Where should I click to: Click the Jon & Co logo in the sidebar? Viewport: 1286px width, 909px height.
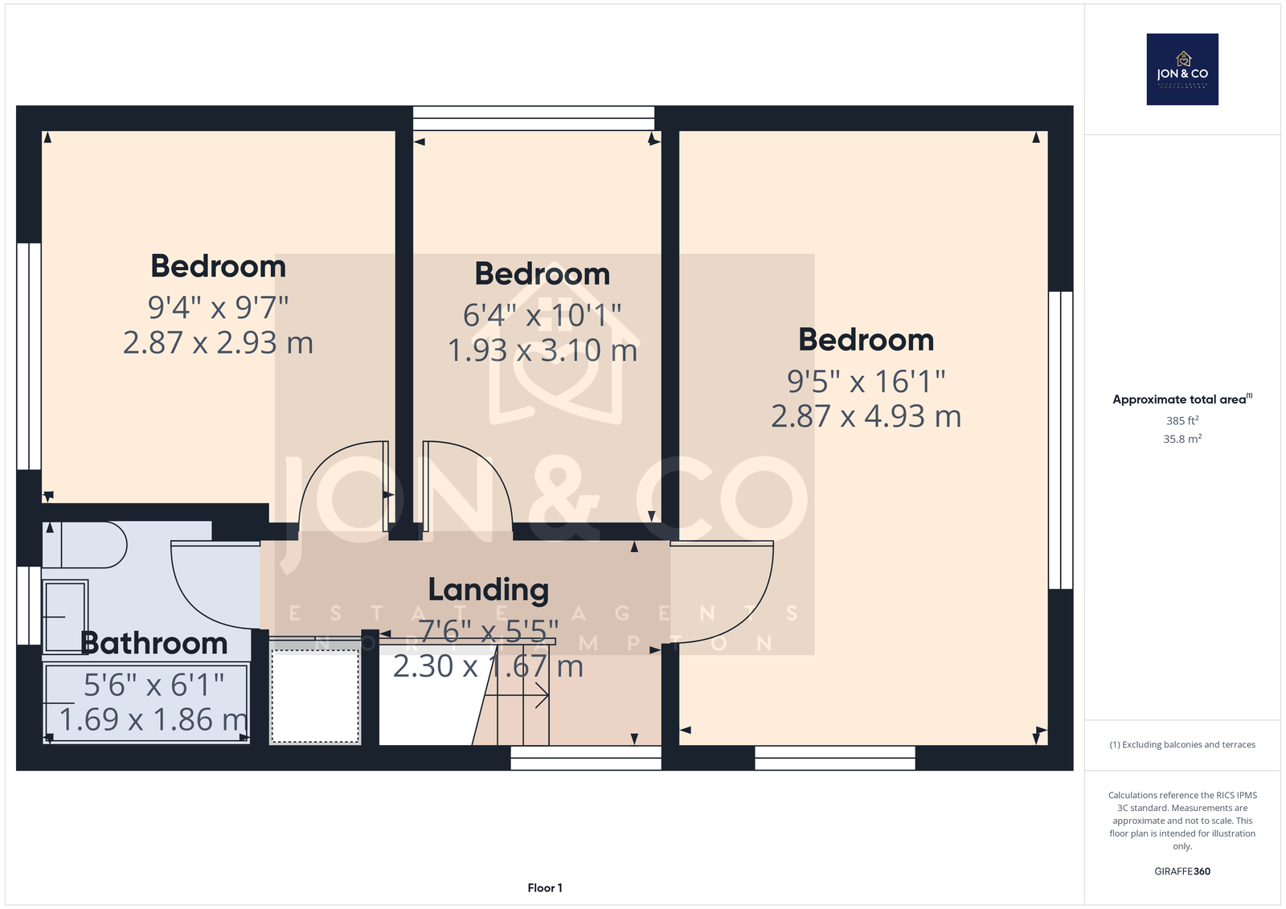[x=1182, y=69]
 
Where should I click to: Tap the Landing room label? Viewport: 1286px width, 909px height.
[x=489, y=590]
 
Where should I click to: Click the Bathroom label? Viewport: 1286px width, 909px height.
[x=154, y=642]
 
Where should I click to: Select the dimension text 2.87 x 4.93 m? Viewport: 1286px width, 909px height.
[x=866, y=416]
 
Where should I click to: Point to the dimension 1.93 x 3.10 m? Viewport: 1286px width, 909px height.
[x=543, y=350]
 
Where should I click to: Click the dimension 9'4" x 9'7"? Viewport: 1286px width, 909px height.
[x=218, y=307]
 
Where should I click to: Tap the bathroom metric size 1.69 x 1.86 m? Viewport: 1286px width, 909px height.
[x=154, y=719]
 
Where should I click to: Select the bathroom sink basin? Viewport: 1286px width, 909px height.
[x=65, y=616]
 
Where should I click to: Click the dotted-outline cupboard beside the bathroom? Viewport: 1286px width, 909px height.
[x=314, y=696]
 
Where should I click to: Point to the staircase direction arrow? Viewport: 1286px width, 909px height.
[x=517, y=695]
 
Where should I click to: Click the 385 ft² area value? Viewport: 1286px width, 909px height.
[x=1182, y=420]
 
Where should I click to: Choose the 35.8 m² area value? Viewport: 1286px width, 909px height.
[x=1182, y=439]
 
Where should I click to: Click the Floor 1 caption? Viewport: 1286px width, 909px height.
[x=545, y=888]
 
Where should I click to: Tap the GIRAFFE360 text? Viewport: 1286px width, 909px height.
[x=1182, y=871]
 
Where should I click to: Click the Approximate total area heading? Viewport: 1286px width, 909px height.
[x=1182, y=399]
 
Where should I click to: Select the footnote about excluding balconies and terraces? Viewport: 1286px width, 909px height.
[x=1182, y=745]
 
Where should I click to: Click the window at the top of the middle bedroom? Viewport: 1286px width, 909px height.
[x=534, y=118]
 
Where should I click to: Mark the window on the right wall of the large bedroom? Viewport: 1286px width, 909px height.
[x=1060, y=440]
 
